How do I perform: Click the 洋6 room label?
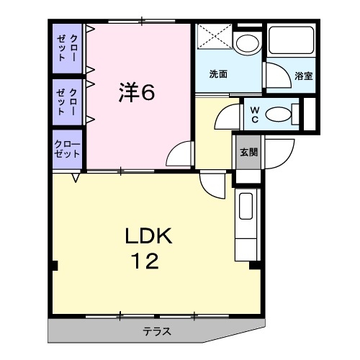136,92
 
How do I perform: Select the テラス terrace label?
156,332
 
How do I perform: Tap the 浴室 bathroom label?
303,76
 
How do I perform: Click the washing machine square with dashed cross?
214,37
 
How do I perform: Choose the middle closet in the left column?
67,100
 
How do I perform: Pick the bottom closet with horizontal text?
67,149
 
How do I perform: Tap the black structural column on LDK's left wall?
53,265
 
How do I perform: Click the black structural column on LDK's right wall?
254,265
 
